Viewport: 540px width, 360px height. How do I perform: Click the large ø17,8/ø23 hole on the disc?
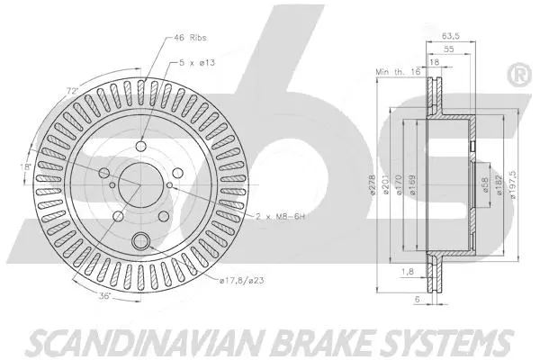point(141,240)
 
